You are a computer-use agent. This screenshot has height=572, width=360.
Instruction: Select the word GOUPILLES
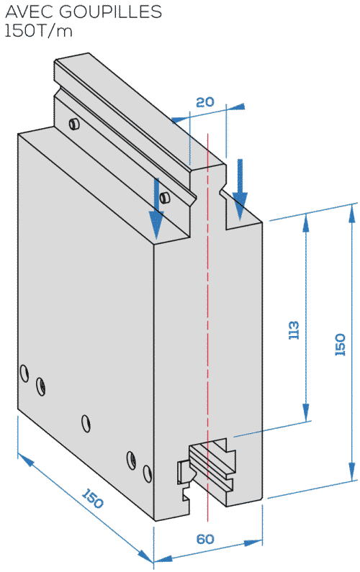[110, 12]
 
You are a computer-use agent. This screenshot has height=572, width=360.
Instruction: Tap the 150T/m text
[38, 31]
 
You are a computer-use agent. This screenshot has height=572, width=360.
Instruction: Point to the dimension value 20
[204, 101]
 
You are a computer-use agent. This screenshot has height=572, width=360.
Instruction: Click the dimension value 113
[294, 330]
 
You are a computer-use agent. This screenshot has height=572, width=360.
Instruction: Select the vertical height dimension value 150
[340, 345]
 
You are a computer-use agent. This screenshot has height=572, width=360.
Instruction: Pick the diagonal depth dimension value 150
[92, 499]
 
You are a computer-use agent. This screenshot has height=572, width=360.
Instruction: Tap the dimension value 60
[205, 539]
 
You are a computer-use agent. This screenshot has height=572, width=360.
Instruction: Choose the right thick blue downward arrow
[240, 190]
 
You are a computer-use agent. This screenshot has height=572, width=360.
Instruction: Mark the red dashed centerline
[207, 327]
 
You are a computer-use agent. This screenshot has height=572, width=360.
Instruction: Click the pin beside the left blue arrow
[166, 197]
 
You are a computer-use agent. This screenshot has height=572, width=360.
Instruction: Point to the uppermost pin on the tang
[74, 124]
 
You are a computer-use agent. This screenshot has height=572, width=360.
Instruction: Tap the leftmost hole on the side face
[24, 373]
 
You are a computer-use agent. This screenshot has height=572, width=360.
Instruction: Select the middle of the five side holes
[86, 423]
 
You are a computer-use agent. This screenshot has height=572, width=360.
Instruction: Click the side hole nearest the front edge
[147, 473]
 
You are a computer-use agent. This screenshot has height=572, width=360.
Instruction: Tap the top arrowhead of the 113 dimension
[306, 222]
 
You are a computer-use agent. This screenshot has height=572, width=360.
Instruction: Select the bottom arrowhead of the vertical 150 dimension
[352, 471]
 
